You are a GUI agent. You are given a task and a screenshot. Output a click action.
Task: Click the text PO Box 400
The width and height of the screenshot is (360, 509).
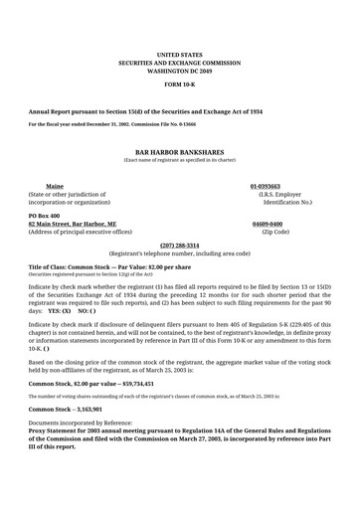coord(44,216)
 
